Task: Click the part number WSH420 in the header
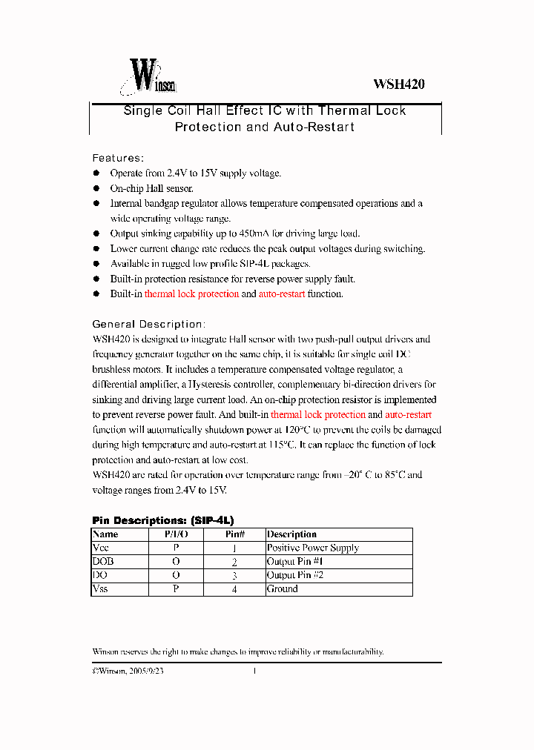398,84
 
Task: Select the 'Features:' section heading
117,158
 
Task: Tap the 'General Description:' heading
148,324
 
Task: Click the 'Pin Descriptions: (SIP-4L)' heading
162,520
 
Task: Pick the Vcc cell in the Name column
100,548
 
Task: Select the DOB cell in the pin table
103,562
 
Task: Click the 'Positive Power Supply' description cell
313,548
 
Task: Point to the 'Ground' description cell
283,589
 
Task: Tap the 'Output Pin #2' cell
295,575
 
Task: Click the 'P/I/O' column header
176,534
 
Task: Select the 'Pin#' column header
234,534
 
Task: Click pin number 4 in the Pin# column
234,589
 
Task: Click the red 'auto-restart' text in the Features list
282,294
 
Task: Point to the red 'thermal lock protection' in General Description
318,415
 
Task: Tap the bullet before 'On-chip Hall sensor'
96,188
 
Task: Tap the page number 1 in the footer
254,671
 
